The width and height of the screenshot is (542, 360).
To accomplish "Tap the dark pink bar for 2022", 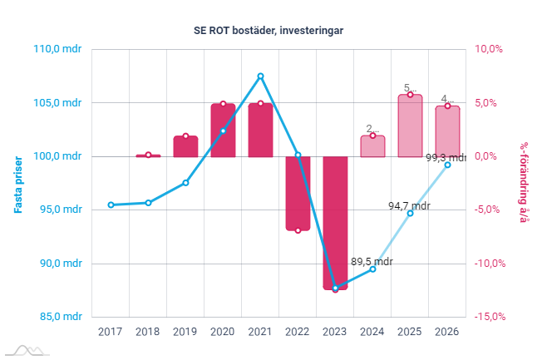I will pos(298,193).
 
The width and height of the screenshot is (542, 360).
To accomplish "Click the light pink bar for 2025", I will pos(410,126).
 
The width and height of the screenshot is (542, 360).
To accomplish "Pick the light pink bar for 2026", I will pos(447,131).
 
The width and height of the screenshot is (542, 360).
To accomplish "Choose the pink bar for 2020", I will pos(223,131).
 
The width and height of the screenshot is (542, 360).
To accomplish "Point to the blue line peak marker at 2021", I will pos(260,76).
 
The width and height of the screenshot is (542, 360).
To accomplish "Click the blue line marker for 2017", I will pos(111,205).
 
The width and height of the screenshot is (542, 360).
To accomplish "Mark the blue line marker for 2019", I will pos(185,182).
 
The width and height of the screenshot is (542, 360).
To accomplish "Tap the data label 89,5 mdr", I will pos(372,260).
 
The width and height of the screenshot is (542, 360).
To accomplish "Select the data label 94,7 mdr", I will pos(409,205).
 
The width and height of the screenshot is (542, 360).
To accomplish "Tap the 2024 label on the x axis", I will pos(372,332).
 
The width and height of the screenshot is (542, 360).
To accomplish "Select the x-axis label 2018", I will pos(148,332).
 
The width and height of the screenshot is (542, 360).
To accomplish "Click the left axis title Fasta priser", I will pos(17,183).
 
